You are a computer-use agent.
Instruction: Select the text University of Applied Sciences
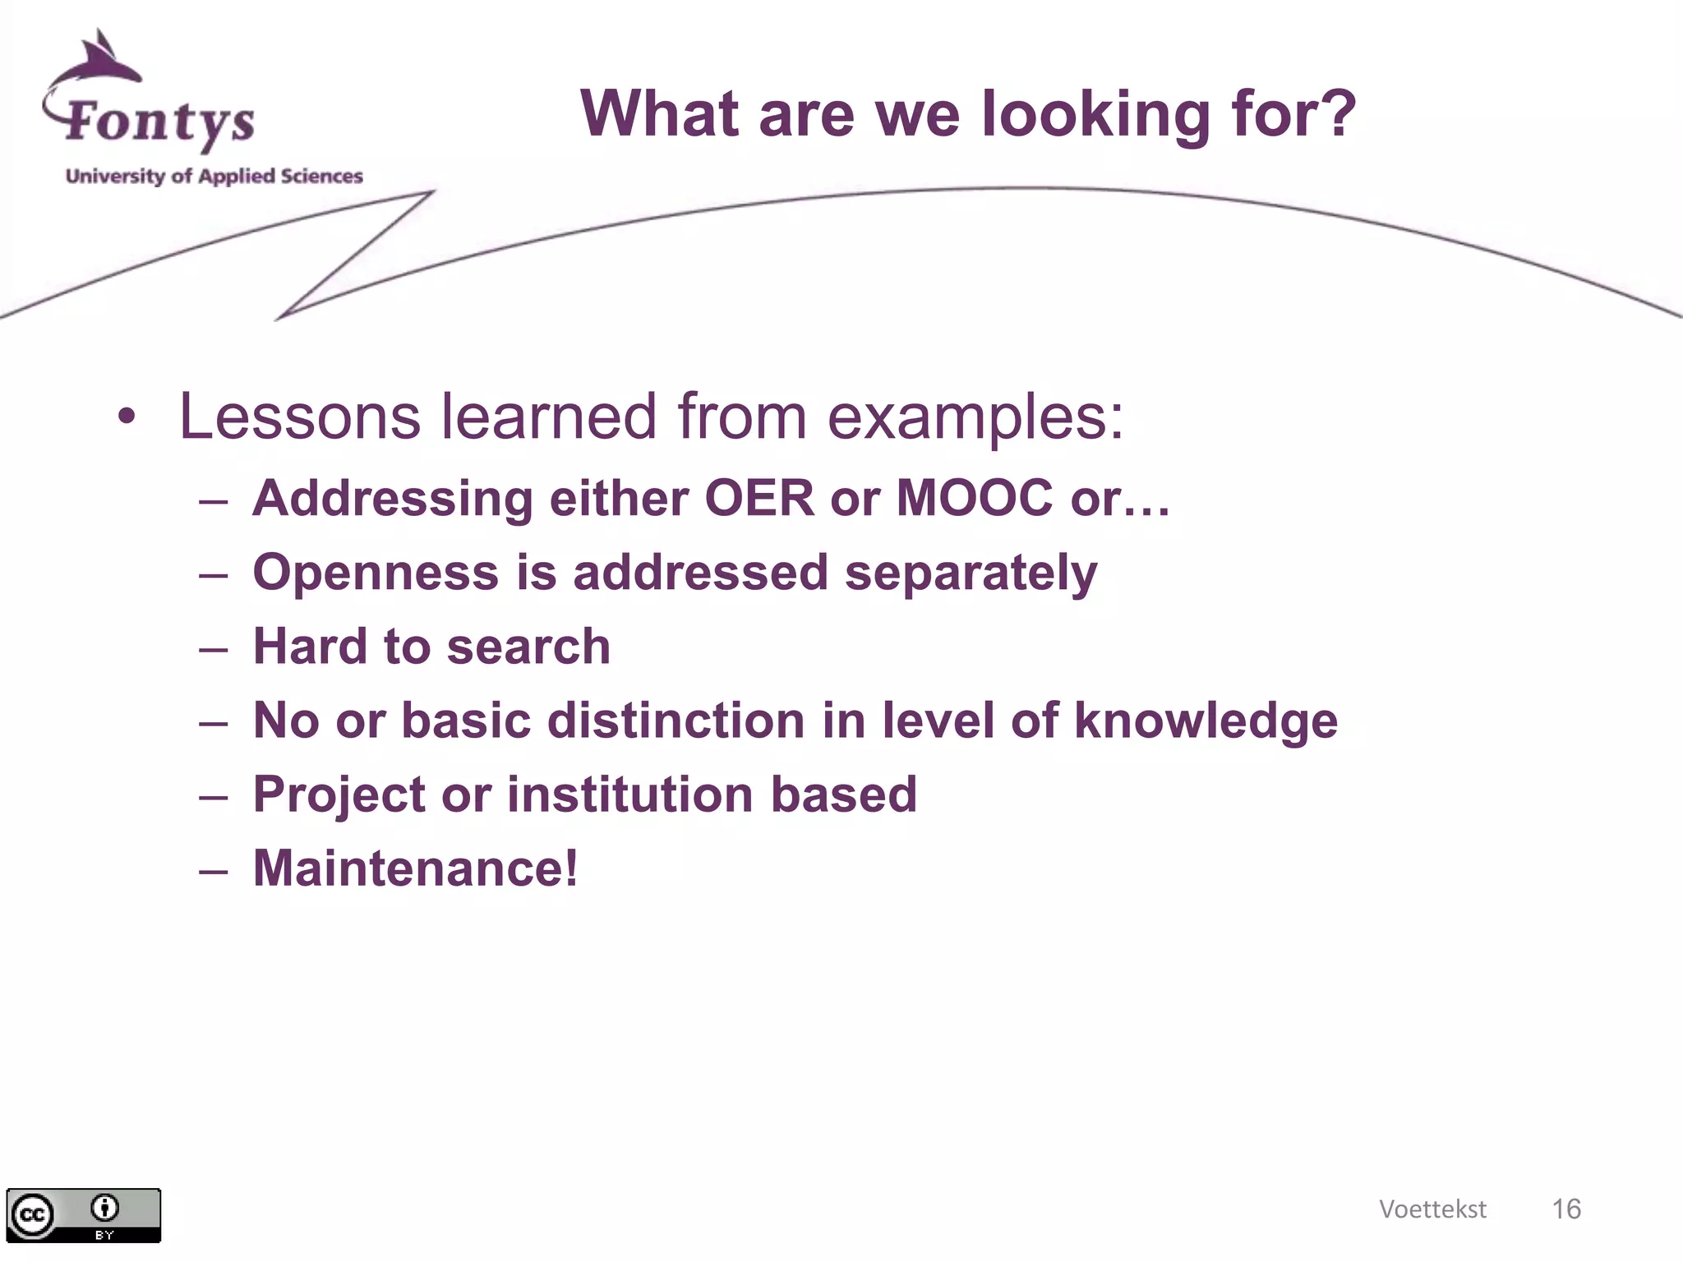(x=214, y=176)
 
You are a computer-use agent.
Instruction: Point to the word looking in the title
(x=1095, y=115)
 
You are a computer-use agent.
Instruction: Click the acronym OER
(x=759, y=498)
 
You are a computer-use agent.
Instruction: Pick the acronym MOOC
(x=974, y=498)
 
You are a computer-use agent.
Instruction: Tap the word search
(x=528, y=647)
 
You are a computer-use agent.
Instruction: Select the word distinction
(x=676, y=721)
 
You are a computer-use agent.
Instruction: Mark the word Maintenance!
(x=415, y=868)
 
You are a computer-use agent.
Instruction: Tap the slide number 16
(x=1565, y=1209)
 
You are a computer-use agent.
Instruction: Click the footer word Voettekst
(x=1432, y=1209)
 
